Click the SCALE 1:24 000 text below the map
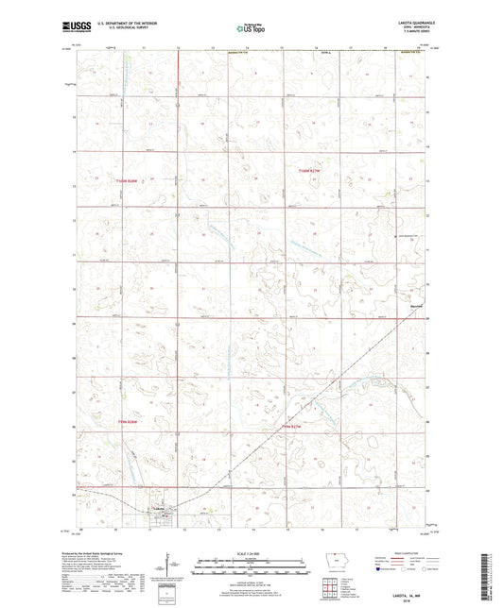point(252,551)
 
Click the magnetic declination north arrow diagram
point(167,566)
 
